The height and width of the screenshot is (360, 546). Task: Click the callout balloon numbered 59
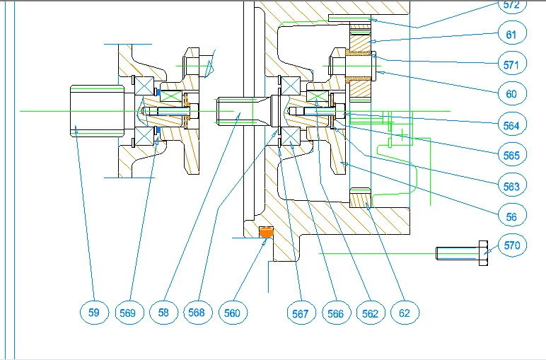pyautogui.click(x=94, y=312)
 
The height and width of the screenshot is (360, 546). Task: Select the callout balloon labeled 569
pyautogui.click(x=128, y=312)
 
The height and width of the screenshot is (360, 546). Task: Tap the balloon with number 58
pyautogui.click(x=163, y=312)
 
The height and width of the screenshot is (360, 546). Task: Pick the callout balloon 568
pyautogui.click(x=199, y=312)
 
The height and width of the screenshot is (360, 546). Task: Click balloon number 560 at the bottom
pyautogui.click(x=233, y=312)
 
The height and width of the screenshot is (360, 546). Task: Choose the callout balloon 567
pyautogui.click(x=301, y=312)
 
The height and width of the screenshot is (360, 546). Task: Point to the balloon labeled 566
pyautogui.click(x=335, y=312)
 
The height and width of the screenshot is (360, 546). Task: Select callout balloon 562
pyautogui.click(x=370, y=312)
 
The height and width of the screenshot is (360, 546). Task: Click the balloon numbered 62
pyautogui.click(x=405, y=312)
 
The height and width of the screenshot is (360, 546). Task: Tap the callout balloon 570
pyautogui.click(x=512, y=246)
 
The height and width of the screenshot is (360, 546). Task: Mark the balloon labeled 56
pyautogui.click(x=512, y=217)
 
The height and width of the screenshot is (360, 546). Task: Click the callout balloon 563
pyautogui.click(x=512, y=187)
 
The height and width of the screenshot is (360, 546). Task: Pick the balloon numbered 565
pyautogui.click(x=512, y=155)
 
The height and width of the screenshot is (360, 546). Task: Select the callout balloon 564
pyautogui.click(x=512, y=125)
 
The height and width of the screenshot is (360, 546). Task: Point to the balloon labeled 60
pyautogui.click(x=512, y=93)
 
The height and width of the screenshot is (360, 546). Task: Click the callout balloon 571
pyautogui.click(x=512, y=65)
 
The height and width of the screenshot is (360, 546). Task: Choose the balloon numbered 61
pyautogui.click(x=512, y=33)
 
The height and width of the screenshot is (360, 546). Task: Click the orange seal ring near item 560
pyautogui.click(x=267, y=231)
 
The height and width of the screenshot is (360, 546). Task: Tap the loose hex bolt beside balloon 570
pyautogui.click(x=462, y=252)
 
